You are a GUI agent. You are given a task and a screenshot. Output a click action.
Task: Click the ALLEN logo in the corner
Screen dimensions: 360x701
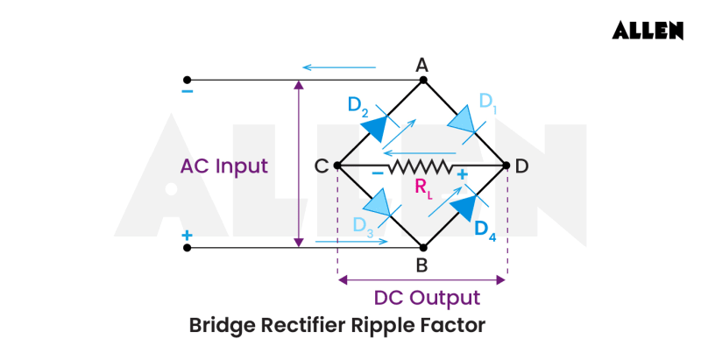point(648,30)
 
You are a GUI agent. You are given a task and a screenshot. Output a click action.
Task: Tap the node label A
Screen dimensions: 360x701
point(421,64)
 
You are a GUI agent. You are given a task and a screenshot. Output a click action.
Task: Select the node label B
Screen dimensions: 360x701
point(421,265)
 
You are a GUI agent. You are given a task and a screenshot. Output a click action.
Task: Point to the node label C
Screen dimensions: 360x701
point(321,166)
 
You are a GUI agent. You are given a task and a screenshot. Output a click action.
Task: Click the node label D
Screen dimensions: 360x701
point(522,166)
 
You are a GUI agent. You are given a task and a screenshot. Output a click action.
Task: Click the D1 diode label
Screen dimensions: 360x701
point(487,102)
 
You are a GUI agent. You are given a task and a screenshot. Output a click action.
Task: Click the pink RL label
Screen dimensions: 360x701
point(423,187)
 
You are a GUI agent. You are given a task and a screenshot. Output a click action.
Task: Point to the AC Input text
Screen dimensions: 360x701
point(224,166)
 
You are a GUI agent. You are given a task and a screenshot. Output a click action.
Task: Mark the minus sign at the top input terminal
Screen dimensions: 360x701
point(188,92)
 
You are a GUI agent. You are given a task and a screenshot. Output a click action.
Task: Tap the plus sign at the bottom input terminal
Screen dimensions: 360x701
point(187,236)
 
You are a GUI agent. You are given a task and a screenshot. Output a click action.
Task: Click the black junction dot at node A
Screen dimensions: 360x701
point(422,81)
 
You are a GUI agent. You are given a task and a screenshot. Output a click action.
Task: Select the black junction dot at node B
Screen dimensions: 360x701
point(422,248)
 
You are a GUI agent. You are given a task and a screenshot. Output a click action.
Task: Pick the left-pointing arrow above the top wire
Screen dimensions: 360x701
point(337,67)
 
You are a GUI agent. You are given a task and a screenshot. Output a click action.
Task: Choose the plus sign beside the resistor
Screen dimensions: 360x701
point(461,175)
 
